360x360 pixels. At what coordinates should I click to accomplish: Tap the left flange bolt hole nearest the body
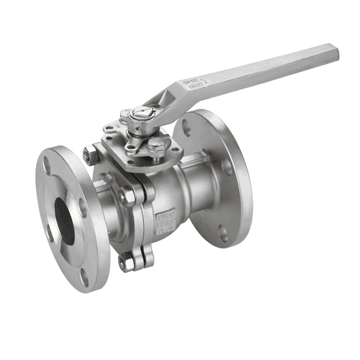[83, 208]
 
